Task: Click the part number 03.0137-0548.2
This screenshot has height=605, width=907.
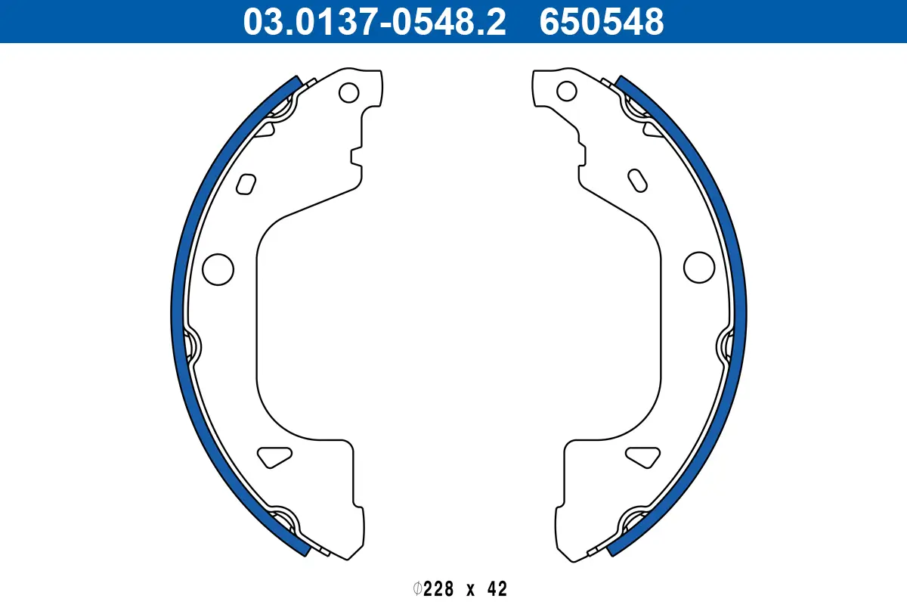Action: pyautogui.click(x=374, y=22)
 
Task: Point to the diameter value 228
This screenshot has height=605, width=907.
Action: pyautogui.click(x=439, y=588)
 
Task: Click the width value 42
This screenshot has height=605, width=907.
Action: pyautogui.click(x=496, y=588)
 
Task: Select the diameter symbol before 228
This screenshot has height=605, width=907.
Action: pyautogui.click(x=417, y=588)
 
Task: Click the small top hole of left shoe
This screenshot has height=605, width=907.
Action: pyautogui.click(x=348, y=92)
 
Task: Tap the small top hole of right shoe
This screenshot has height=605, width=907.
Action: pyautogui.click(x=566, y=91)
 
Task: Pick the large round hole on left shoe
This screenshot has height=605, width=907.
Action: pyautogui.click(x=218, y=268)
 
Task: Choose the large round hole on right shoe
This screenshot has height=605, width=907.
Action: pyautogui.click(x=699, y=266)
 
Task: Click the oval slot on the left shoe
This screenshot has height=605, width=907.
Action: pyautogui.click(x=246, y=184)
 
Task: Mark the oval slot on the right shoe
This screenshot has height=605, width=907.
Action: pyautogui.click(x=638, y=181)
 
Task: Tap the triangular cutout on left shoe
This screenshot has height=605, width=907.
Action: pyautogui.click(x=274, y=456)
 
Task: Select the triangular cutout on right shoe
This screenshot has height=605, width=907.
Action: pyautogui.click(x=643, y=456)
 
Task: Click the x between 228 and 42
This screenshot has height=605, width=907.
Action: pyautogui.click(x=469, y=589)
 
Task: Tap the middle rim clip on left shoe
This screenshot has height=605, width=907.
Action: pyautogui.click(x=192, y=346)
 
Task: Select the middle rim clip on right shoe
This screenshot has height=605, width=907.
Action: pyautogui.click(x=726, y=346)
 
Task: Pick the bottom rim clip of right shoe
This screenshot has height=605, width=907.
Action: pyautogui.click(x=633, y=522)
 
